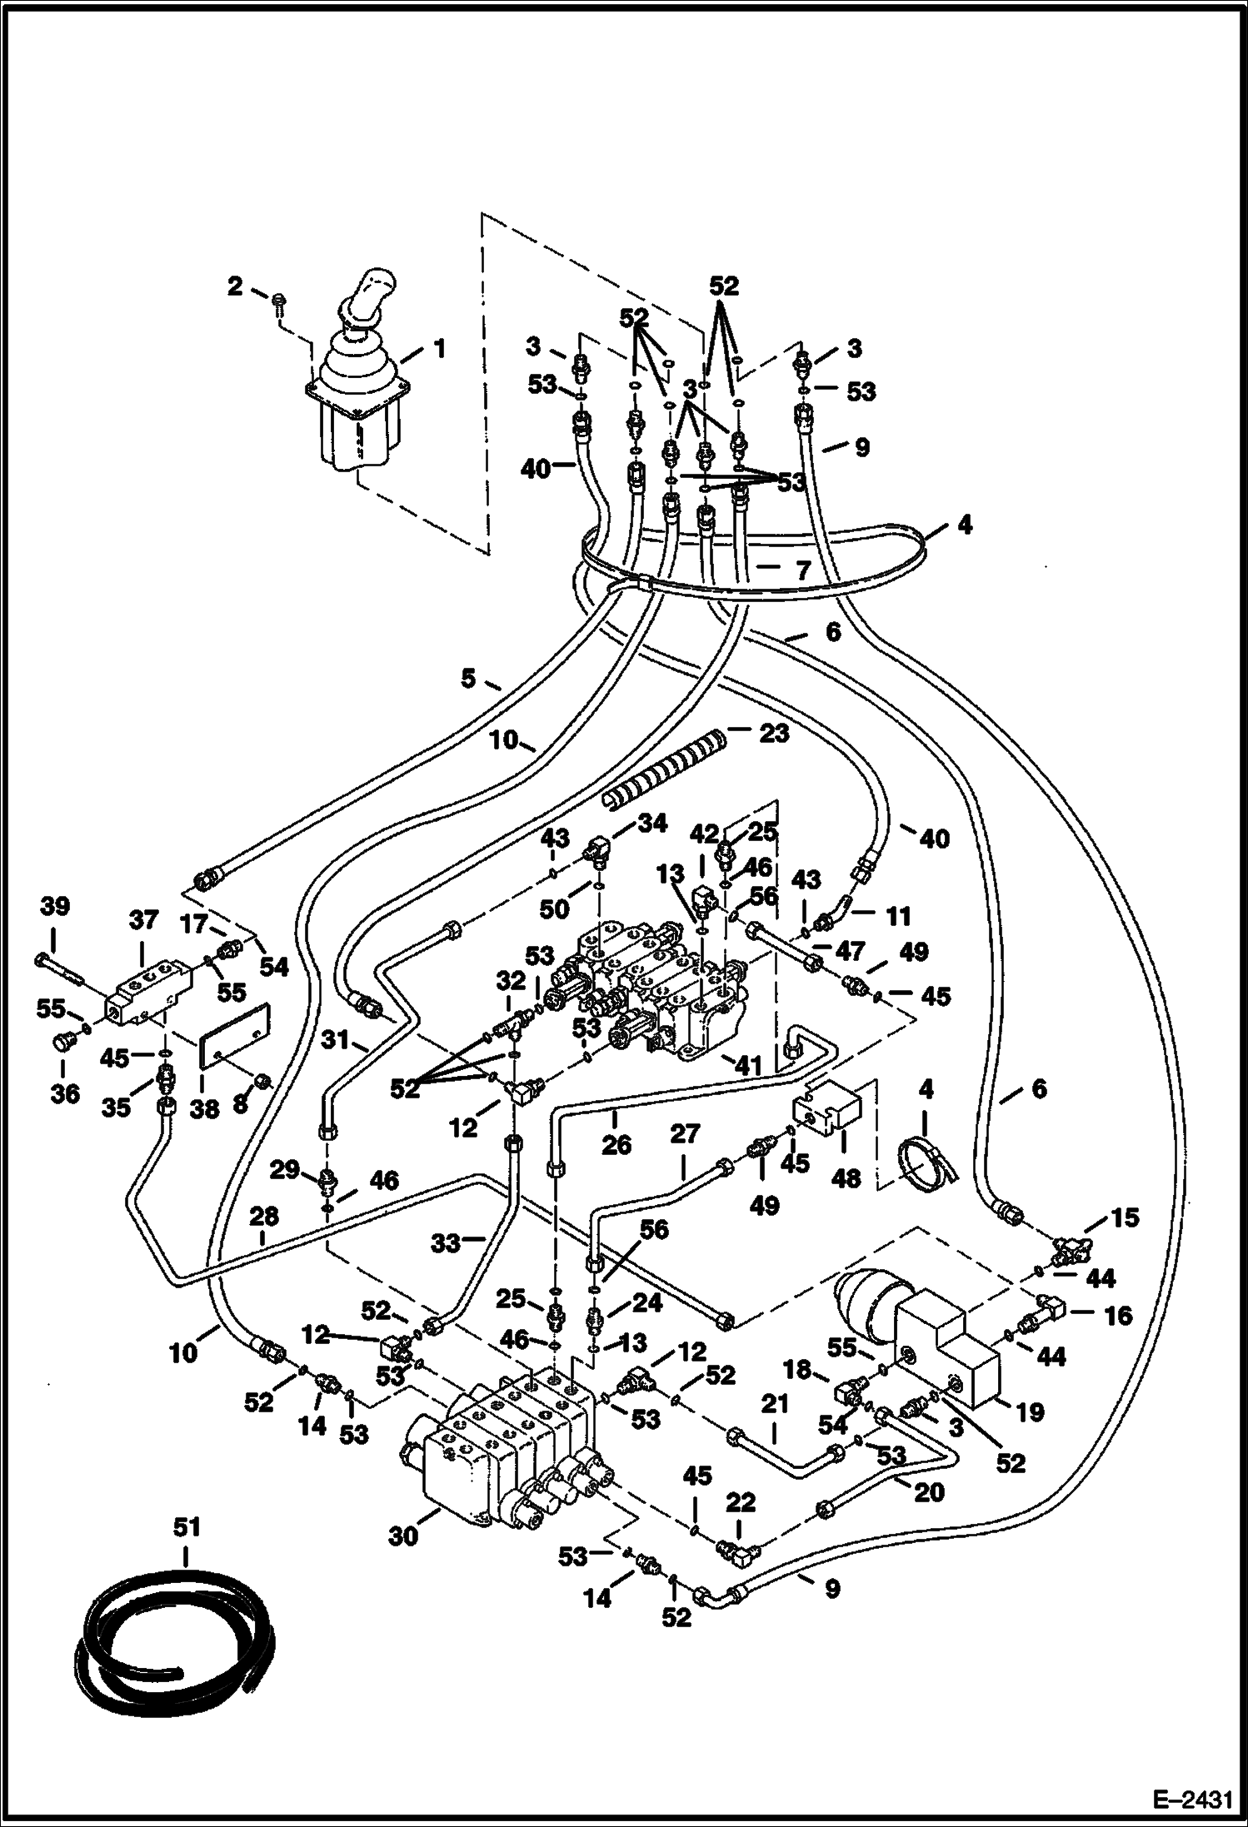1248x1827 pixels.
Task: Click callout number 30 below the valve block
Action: click(403, 1535)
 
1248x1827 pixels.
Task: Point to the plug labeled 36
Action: click(63, 1041)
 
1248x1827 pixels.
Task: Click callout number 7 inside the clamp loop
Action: click(801, 571)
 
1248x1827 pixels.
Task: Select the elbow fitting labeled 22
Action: click(737, 1548)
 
